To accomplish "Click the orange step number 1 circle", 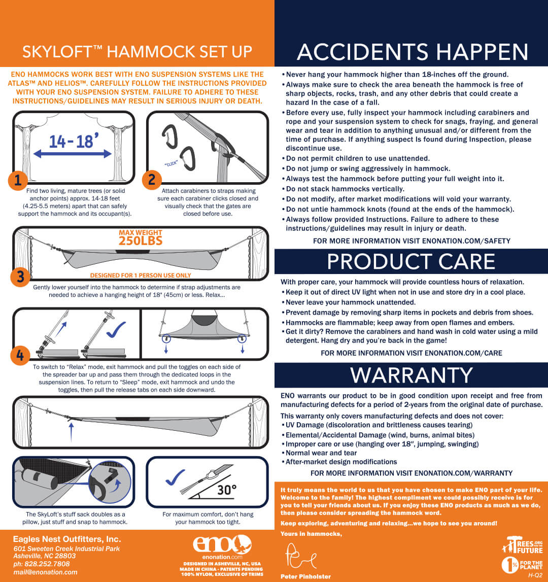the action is (x=17, y=181).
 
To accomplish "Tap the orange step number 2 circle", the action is (x=152, y=180).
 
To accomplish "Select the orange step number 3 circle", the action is (x=20, y=277).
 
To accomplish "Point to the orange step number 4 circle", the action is (x=20, y=355).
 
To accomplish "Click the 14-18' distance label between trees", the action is (x=74, y=141).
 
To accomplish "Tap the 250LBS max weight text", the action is (x=141, y=241).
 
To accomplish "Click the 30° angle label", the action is (x=226, y=490).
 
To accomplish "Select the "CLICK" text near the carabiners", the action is (x=171, y=163).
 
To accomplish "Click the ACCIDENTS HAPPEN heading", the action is (x=413, y=52).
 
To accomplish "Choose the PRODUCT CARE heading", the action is (x=411, y=261).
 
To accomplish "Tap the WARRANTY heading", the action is (x=412, y=375).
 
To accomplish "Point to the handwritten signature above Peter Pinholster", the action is (x=300, y=556).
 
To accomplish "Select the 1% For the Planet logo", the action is (x=522, y=565).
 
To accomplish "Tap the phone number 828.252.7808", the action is (x=47, y=564).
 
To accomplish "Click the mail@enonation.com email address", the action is (x=45, y=572).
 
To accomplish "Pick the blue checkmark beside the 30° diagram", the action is (x=175, y=477).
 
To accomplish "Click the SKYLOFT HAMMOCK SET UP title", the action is (x=137, y=52).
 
